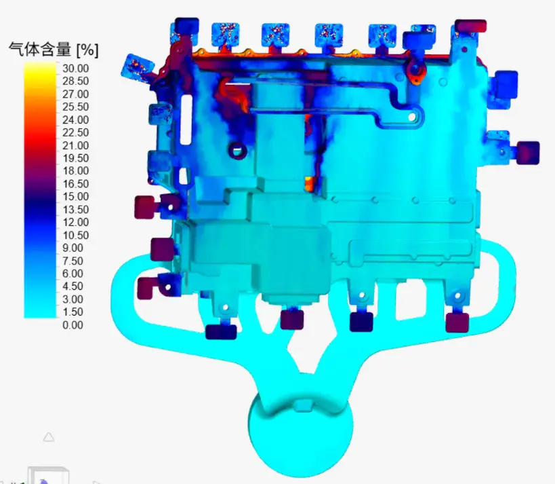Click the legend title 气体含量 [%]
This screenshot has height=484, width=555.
coord(54,50)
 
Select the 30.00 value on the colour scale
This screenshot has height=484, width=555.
coord(75,68)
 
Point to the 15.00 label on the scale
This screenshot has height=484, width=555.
coord(75,196)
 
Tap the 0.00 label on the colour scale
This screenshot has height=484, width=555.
coord(73,324)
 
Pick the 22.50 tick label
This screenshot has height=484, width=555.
coord(75,132)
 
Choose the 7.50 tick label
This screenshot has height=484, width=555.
coord(73,261)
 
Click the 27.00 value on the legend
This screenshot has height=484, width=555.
coord(75,94)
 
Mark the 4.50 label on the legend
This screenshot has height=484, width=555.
coord(73,286)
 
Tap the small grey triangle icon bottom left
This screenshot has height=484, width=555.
coord(49,437)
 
